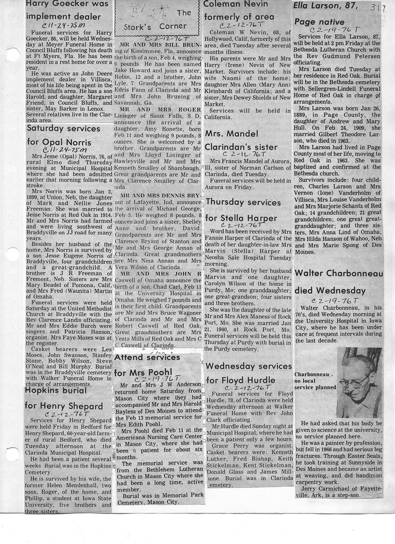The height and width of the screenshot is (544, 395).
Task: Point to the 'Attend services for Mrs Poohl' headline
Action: (147, 365)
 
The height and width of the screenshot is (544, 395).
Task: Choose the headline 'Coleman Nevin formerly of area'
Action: (239, 11)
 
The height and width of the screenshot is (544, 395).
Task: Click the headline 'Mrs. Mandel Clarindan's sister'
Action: (241, 140)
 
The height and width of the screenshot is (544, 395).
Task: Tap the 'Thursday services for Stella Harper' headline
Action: (241, 210)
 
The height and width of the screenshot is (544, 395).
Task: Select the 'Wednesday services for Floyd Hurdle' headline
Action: (248, 373)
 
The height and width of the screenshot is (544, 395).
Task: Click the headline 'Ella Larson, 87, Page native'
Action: (327, 14)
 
